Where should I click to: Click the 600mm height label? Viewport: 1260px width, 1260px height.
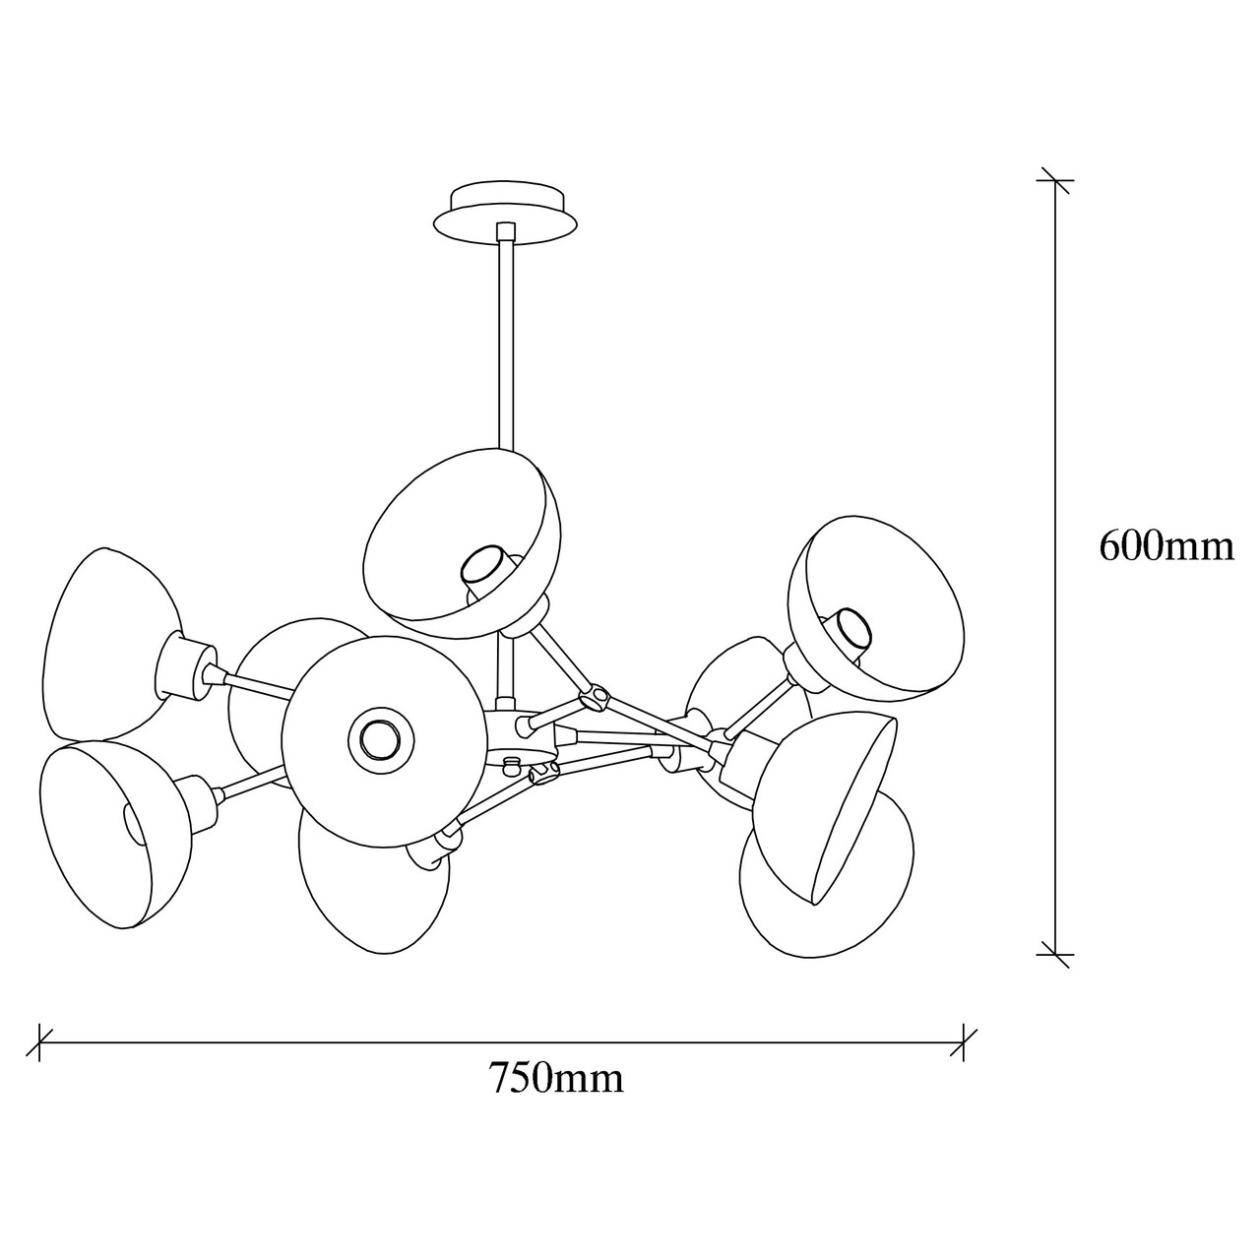(1165, 545)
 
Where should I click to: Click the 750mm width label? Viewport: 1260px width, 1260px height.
(557, 1079)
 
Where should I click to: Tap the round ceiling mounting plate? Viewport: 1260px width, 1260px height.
(506, 210)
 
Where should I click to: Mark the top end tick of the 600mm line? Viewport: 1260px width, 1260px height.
(1056, 181)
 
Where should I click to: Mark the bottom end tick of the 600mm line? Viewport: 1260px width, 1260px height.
(1056, 953)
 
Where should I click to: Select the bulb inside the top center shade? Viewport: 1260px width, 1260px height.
(483, 567)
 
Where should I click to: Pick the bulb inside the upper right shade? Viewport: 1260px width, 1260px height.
(849, 627)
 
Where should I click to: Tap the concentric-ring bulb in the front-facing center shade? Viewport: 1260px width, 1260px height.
(377, 735)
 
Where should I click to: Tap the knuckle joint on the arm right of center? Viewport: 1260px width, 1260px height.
(594, 697)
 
